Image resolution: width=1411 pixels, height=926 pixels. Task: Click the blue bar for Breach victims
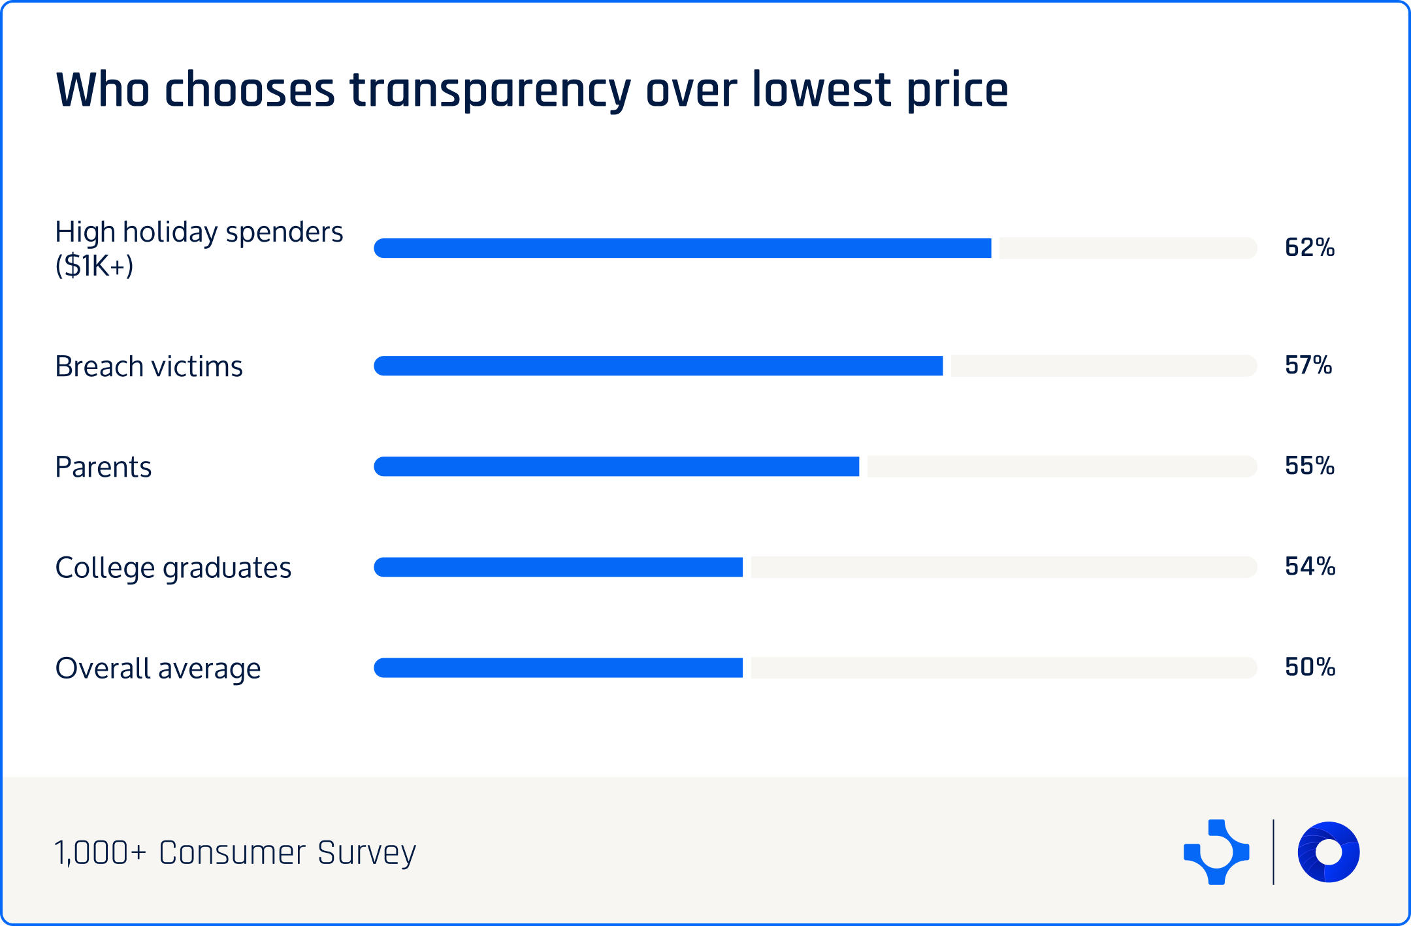658,366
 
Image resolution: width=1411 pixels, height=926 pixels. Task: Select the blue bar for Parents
617,466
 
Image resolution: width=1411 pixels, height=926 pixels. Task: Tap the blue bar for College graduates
559,567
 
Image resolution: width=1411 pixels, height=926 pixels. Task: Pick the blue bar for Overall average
559,667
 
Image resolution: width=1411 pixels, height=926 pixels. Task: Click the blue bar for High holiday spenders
683,248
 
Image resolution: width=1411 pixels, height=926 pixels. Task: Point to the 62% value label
1309,247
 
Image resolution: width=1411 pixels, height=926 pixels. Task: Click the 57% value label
1308,365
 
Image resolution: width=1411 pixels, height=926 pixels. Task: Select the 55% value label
1309,466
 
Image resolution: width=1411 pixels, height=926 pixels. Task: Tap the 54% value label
1310,566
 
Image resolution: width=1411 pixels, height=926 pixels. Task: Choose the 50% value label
1310,667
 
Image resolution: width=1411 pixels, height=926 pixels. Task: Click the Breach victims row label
149,366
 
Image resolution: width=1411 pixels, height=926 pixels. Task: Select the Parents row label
103,467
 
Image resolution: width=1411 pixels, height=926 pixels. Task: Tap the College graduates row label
173,567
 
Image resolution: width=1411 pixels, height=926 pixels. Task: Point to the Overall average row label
158,668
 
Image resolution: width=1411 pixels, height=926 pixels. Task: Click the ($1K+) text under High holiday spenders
94,266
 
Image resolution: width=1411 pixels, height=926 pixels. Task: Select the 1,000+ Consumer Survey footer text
235,852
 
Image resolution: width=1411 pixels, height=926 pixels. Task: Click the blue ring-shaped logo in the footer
1328,852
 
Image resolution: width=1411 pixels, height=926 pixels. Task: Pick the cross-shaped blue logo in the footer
1216,852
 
